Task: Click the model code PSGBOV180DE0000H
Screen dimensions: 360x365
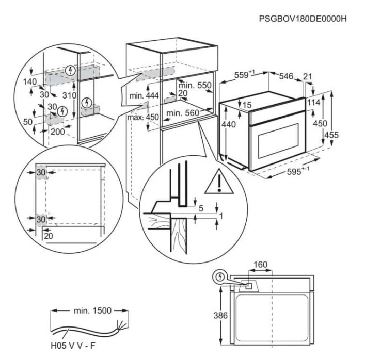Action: pos(303,19)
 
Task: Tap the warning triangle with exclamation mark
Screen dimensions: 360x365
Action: pos(217,183)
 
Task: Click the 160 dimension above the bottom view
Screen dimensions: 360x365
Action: pos(261,265)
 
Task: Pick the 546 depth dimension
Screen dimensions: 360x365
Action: pos(286,76)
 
